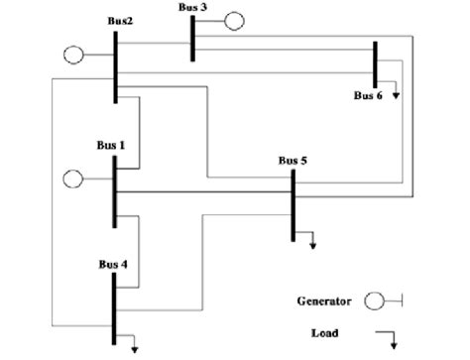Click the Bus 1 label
(110, 145)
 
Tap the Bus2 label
(122, 21)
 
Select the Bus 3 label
(192, 7)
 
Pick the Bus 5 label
(293, 159)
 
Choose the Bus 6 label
(368, 95)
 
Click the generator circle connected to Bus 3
(234, 20)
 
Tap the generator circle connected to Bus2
(73, 55)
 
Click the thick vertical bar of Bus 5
(294, 204)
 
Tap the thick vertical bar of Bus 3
(192, 37)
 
